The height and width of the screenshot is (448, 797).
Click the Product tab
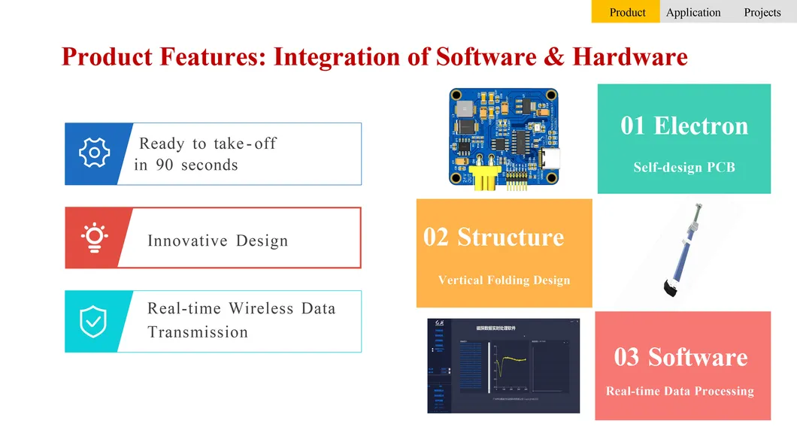coord(627,12)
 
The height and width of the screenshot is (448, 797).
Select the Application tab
coord(693,12)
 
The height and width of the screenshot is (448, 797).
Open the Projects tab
coord(762,12)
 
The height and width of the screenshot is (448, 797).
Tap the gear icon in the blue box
coord(95,153)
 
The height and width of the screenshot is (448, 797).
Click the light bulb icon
coord(94,238)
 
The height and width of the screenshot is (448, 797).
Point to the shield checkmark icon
coord(93,321)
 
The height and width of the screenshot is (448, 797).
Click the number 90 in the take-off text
coord(164,165)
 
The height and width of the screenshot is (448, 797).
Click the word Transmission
coord(198,332)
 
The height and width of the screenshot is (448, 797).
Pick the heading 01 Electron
coord(684,126)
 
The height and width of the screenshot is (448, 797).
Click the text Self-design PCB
coord(684,168)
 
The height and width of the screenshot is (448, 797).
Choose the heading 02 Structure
coord(493,237)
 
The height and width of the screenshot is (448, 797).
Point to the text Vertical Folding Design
coord(504,280)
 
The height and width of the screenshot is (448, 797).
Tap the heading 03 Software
coord(680,356)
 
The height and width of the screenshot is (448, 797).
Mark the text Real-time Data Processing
coord(680,391)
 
